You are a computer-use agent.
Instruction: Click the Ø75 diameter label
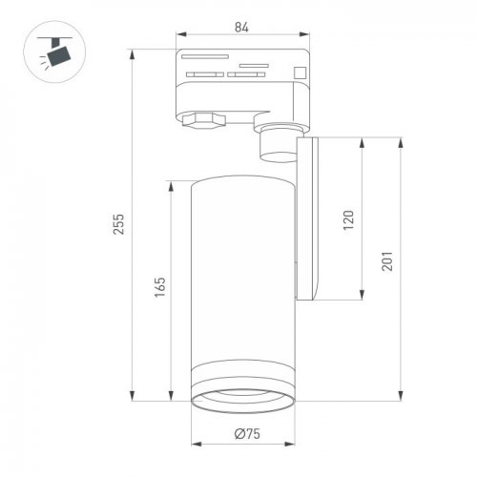pyautogui.click(x=247, y=435)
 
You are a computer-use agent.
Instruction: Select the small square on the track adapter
pyautogui.click(x=301, y=70)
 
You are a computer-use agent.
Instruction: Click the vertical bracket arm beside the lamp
pyautogui.click(x=310, y=219)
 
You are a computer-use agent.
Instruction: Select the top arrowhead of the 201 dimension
pyautogui.click(x=399, y=140)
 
